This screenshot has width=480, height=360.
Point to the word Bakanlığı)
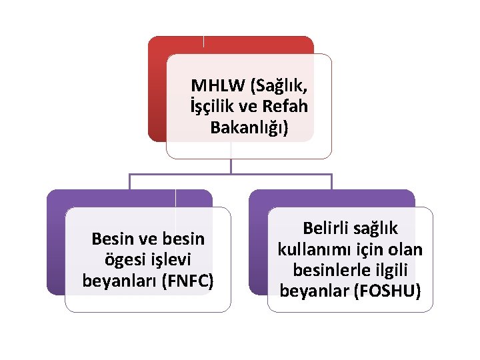(249, 127)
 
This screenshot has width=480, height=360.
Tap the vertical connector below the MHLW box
(231, 167)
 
